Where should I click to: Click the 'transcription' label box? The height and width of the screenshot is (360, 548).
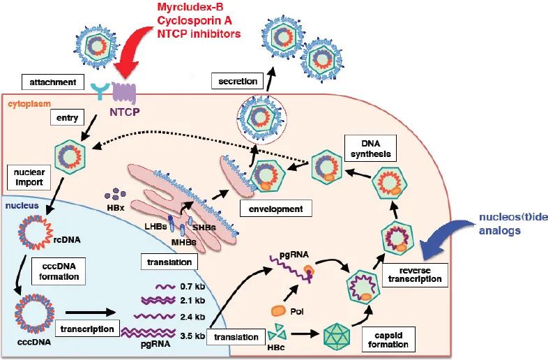[x=86, y=329]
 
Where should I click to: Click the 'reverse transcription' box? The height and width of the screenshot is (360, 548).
[x=416, y=273]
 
